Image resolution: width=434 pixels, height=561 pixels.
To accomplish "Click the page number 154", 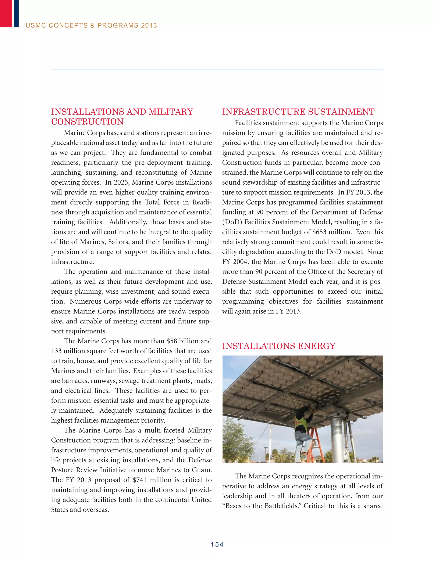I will click(217, 544).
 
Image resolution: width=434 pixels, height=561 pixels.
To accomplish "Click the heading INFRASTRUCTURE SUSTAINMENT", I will click(298, 112).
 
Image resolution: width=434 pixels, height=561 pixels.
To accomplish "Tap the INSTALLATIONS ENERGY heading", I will click(279, 346).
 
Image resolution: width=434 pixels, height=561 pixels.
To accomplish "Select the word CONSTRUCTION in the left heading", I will click(88, 122).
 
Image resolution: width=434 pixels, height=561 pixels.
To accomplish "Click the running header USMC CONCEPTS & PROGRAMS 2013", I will click(91, 25).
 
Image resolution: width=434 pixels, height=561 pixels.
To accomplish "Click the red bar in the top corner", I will click(6, 13).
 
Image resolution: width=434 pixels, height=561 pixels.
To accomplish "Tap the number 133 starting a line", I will click(56, 351).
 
